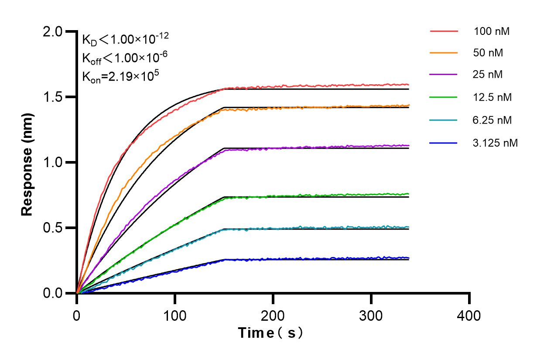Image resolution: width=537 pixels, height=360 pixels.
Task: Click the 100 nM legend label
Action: click(x=492, y=31)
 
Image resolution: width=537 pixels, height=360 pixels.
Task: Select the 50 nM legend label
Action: click(x=488, y=53)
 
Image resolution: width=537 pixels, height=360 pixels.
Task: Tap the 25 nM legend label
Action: click(x=488, y=75)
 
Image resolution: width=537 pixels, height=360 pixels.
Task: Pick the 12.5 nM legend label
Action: click(x=492, y=97)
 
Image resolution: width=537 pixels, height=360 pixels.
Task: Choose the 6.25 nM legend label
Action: click(x=492, y=120)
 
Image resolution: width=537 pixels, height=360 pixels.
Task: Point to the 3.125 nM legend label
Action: click(x=495, y=142)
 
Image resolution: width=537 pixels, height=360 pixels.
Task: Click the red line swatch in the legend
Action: click(x=444, y=31)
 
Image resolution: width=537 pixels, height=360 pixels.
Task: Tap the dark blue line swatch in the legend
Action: click(x=444, y=142)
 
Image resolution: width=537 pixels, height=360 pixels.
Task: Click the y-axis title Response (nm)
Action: click(x=28, y=162)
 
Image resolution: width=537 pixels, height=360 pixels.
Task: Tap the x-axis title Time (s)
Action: click(x=271, y=333)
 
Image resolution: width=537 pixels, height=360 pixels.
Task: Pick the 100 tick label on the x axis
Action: click(x=175, y=315)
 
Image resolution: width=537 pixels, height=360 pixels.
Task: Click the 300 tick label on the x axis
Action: click(x=371, y=315)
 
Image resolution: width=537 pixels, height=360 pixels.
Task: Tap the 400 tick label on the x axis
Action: click(x=469, y=315)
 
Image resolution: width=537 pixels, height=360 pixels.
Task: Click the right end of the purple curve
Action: click(x=408, y=145)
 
